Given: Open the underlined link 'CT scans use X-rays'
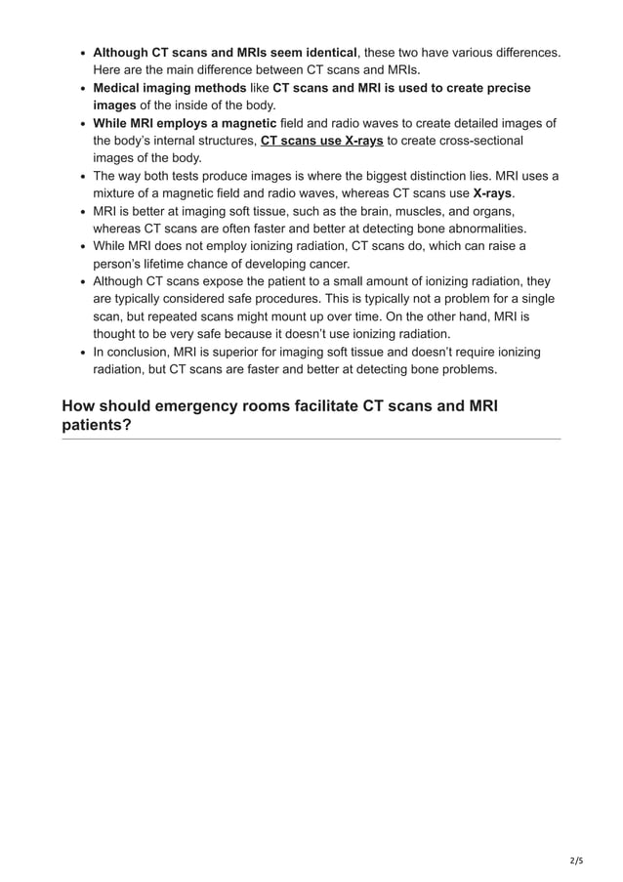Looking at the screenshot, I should click(321, 141).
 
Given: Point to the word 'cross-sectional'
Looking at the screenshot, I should click(474, 141).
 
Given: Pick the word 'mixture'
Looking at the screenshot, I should click(118, 193).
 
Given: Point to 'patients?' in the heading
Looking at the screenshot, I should click(97, 425).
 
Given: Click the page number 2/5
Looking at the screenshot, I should click(575, 861).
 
